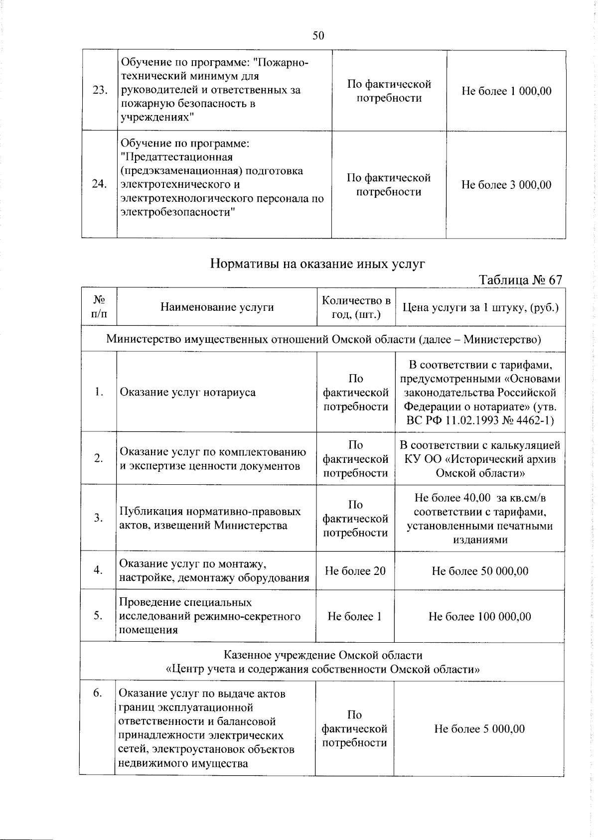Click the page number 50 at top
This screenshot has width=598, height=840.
(318, 35)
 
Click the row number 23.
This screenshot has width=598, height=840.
(100, 91)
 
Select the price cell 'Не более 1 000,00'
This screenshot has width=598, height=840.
(506, 91)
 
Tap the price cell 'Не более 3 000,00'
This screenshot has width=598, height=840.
(506, 185)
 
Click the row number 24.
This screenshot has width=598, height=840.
(100, 184)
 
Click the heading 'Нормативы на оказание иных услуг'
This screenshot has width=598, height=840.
(318, 264)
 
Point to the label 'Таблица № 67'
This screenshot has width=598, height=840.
(521, 280)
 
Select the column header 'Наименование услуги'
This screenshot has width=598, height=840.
(217, 307)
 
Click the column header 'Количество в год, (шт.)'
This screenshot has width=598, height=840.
(356, 307)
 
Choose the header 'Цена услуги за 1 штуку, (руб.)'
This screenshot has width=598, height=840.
(480, 307)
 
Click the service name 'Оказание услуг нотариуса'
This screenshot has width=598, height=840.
(187, 392)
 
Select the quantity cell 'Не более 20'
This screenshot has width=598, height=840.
(355, 571)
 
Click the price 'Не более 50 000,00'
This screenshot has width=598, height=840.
(480, 571)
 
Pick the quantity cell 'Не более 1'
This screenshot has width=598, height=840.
(355, 617)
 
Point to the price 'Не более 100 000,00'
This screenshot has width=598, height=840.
(480, 617)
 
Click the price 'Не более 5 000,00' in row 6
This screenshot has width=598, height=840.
(479, 729)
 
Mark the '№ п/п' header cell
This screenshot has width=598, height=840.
(99, 307)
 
